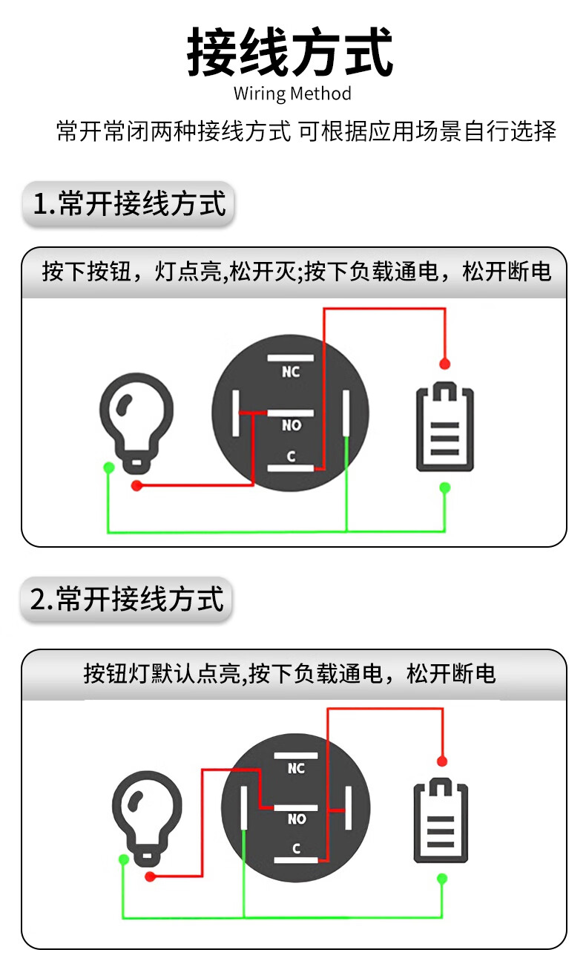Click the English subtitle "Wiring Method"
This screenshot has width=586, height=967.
(292, 94)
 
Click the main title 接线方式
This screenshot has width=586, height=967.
(290, 52)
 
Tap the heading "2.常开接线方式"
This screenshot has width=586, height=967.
(126, 599)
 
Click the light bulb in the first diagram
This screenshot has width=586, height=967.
(136, 423)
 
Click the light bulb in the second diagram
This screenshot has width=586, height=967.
(147, 819)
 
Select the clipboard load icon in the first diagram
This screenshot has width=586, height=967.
(444, 426)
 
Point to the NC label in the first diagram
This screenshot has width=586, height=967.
(291, 372)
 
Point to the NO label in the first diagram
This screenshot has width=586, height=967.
(292, 425)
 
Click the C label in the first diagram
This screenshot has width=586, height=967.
(292, 456)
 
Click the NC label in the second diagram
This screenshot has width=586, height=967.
(297, 768)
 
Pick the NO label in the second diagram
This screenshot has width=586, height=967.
(297, 819)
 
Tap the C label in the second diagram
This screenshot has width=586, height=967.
(297, 848)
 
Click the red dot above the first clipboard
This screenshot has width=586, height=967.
(445, 364)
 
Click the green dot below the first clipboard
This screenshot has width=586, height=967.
(445, 488)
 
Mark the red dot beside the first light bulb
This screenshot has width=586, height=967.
(136, 485)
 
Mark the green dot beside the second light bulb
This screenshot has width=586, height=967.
(124, 859)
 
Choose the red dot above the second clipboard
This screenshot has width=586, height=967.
(442, 761)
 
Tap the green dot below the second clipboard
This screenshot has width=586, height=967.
(442, 879)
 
